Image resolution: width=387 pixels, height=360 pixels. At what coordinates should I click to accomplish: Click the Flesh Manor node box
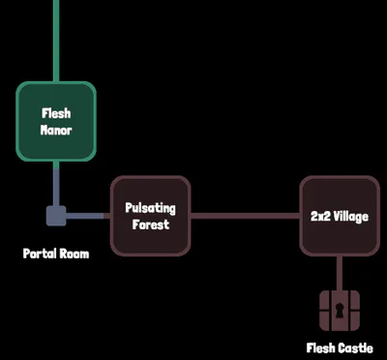(x=56, y=121)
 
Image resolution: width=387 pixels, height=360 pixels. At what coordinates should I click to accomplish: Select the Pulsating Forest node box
(x=151, y=216)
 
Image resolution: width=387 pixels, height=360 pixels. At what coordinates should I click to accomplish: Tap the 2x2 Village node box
(x=340, y=216)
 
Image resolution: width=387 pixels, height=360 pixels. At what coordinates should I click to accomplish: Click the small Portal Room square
(x=56, y=216)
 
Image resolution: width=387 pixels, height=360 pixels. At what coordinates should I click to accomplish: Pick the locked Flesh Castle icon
(x=340, y=311)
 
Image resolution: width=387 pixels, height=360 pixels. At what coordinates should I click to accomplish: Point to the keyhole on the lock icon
(x=340, y=311)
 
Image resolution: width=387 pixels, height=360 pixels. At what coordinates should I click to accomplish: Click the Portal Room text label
(x=56, y=254)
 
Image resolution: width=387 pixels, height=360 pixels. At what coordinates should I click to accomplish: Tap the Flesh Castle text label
(x=340, y=348)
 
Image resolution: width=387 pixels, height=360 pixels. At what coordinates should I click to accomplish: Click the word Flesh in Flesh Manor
(x=56, y=113)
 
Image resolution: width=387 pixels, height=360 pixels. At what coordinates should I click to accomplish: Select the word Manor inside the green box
(x=56, y=130)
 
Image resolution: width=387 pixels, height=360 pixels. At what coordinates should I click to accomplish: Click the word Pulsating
(x=150, y=208)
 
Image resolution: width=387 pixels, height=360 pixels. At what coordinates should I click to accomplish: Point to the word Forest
(x=151, y=225)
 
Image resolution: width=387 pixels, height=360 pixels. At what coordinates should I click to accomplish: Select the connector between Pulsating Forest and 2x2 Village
(x=245, y=216)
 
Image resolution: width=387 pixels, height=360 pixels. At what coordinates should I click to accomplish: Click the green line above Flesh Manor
(x=56, y=41)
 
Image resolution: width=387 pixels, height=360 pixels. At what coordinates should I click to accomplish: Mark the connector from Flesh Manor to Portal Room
(x=56, y=183)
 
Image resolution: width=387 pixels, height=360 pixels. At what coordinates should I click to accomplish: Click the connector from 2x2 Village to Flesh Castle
(x=340, y=274)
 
